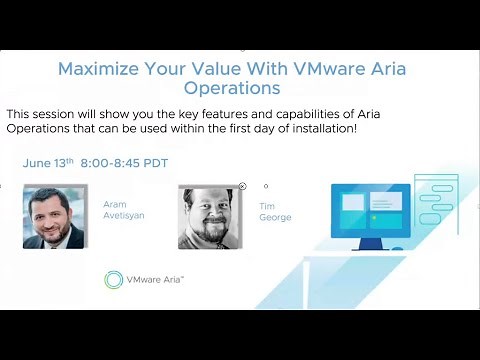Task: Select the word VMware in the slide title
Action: coord(330,70)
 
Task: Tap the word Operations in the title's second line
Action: coord(239,89)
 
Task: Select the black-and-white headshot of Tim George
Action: coord(211,217)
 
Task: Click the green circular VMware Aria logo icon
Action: coord(114,279)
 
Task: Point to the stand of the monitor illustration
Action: coord(370,243)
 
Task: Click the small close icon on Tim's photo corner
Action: coord(242,186)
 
